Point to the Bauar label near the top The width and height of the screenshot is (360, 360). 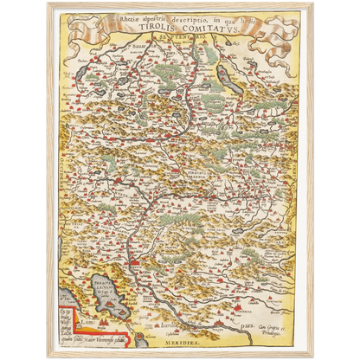coord(138,40)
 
